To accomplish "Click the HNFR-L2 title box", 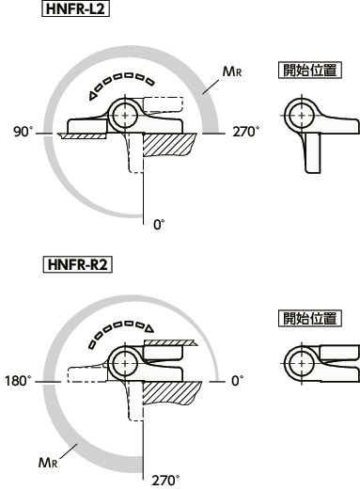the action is point(75,8).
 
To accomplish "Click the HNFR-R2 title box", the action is point(77,265).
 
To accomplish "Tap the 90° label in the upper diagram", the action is point(23,132).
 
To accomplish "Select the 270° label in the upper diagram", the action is point(246,132).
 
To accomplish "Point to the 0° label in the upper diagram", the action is point(159,225).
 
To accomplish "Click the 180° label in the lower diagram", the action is point(19,381).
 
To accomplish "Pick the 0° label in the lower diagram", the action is point(238,381).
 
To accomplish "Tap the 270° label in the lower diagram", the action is point(166,480).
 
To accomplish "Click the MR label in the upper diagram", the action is point(232,71).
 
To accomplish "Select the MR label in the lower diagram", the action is point(48,463).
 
